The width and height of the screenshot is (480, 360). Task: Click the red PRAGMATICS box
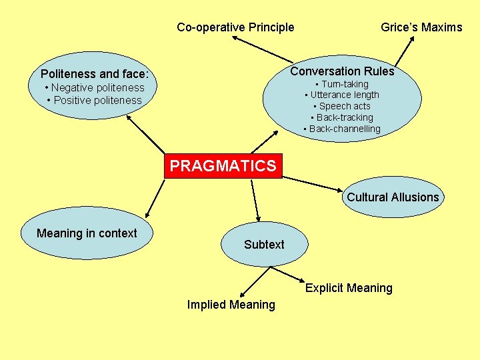pyautogui.click(x=223, y=166)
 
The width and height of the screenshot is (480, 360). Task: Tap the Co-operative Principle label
pyautogui.click(x=235, y=27)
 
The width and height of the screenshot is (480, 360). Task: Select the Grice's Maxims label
pyautogui.click(x=421, y=27)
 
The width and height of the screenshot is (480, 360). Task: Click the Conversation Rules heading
pyautogui.click(x=342, y=71)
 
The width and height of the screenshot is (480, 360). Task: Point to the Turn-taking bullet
pyautogui.click(x=341, y=84)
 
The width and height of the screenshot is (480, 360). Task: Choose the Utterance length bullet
pyautogui.click(x=341, y=95)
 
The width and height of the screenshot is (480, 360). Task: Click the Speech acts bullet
pyautogui.click(x=341, y=106)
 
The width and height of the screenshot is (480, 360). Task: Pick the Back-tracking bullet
pyautogui.click(x=341, y=117)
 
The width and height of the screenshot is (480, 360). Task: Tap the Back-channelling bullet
pyautogui.click(x=341, y=129)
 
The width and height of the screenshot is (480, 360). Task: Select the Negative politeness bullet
pyautogui.click(x=94, y=87)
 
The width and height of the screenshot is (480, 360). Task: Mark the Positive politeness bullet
pyautogui.click(x=94, y=100)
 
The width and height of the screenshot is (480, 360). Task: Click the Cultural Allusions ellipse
pyautogui.click(x=393, y=197)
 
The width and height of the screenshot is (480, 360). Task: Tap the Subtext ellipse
pyautogui.click(x=264, y=245)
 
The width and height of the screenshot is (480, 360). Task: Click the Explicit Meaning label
pyautogui.click(x=349, y=288)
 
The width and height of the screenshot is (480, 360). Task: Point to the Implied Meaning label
pyautogui.click(x=231, y=305)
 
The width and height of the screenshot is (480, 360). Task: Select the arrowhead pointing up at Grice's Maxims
pyautogui.click(x=412, y=41)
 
